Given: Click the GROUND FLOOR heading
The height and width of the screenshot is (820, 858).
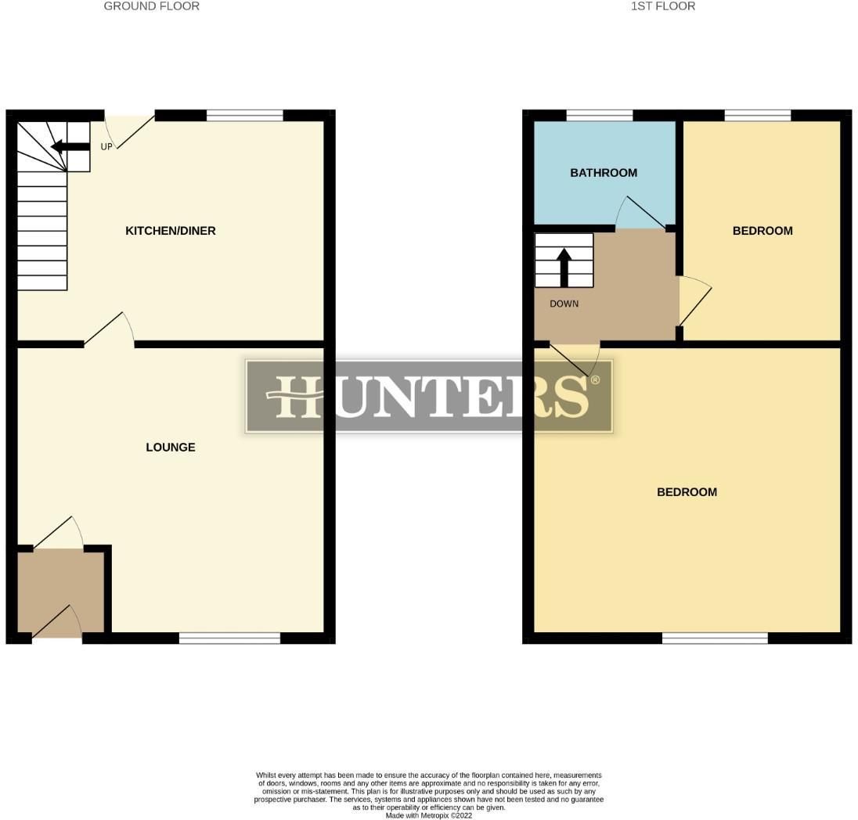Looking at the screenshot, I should tap(151, 6).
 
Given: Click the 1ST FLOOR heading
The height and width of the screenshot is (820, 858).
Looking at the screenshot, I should tap(662, 6).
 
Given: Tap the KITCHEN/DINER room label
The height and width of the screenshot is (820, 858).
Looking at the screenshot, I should tap(171, 231).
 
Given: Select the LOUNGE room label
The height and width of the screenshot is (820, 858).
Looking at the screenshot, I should tap(171, 448).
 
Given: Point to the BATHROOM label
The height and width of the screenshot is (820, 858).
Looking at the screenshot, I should tap(604, 173).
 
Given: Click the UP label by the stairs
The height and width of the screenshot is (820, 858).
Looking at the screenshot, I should tap(106, 147).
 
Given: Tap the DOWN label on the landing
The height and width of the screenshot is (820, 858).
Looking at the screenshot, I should tap(564, 304).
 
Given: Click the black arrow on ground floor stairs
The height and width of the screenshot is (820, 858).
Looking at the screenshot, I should tap(70, 146).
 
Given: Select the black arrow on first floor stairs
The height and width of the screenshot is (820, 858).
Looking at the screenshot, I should tap(564, 266).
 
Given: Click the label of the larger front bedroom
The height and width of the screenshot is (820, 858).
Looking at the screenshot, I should tap(687, 492).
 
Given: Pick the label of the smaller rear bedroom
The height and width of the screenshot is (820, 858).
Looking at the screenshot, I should tap(762, 231).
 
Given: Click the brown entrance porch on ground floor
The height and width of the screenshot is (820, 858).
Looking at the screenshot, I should tap(60, 590).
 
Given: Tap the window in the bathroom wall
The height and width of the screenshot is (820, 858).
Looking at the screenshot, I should tap(600, 116).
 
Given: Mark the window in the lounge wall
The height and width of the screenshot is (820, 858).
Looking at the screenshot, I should tap(229, 638).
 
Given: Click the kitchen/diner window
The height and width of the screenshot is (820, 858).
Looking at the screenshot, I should tap(245, 116).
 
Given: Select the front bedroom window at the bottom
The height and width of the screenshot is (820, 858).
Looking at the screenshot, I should tap(715, 638).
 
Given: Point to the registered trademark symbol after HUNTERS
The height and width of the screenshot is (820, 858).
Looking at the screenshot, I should tap(595, 380).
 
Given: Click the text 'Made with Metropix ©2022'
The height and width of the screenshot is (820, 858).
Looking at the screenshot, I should tap(429, 815).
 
